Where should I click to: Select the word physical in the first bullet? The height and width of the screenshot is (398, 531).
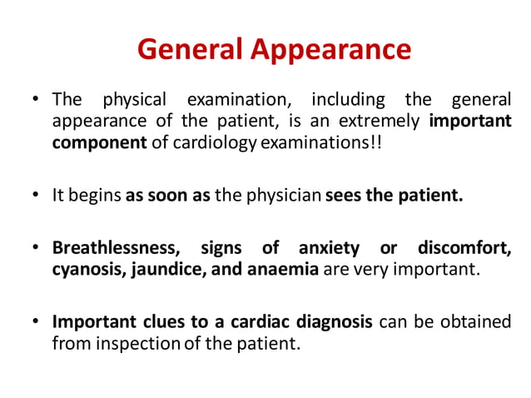tap(134, 102)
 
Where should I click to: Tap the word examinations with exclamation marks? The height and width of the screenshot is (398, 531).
tap(325, 143)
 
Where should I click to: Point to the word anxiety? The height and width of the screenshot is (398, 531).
tap(329, 249)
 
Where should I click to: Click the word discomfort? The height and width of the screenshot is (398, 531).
tap(464, 249)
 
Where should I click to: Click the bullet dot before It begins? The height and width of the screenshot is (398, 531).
tap(37, 197)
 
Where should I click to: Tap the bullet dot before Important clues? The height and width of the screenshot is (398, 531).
tap(37, 322)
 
